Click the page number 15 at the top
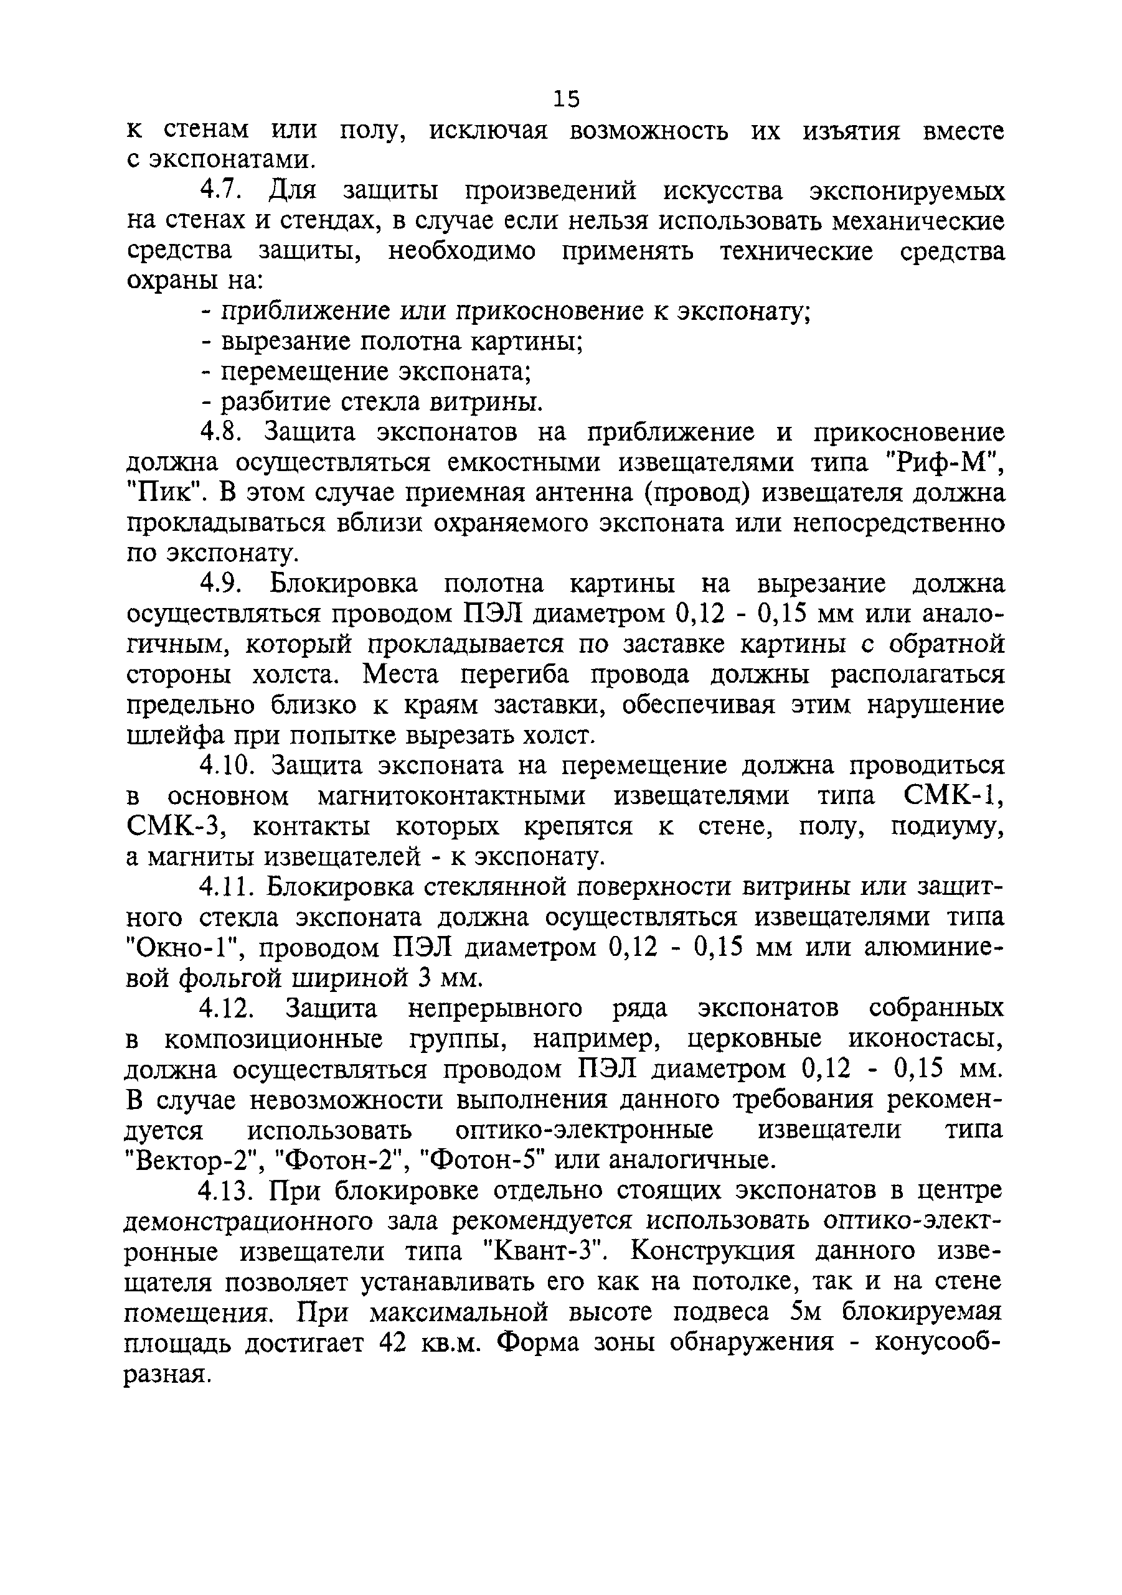(x=567, y=100)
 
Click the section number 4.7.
(x=222, y=190)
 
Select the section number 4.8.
(x=220, y=431)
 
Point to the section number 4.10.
(x=224, y=765)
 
